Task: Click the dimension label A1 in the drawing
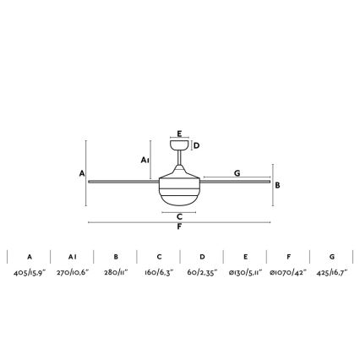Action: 145,161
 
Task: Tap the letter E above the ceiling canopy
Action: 179,134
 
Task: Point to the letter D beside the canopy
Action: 197,145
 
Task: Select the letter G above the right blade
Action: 237,173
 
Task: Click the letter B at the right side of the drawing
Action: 277,185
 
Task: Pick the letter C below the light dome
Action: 179,217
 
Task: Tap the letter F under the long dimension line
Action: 179,226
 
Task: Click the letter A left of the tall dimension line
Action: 82,173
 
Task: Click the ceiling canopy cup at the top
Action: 179,145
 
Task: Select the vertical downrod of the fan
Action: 179,157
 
